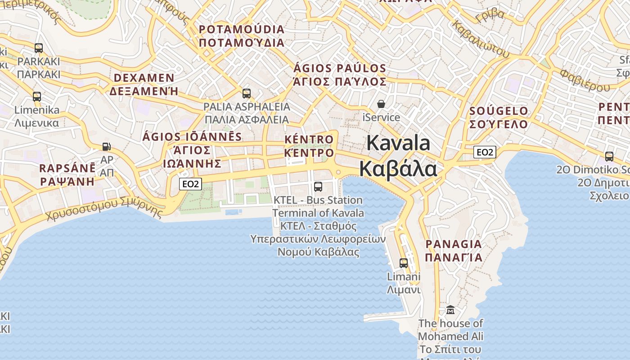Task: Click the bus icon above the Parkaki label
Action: point(39,48)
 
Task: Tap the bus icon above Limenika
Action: point(37,96)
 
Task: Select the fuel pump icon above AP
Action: point(107,146)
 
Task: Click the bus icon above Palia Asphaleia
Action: point(247,93)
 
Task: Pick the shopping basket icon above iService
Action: point(381,104)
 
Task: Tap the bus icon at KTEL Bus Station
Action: point(318,186)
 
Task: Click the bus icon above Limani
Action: point(404,263)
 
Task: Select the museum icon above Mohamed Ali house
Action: point(450,310)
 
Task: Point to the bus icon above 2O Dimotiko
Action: point(609,156)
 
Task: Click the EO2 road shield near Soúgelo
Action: point(485,152)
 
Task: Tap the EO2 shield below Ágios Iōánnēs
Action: point(190,184)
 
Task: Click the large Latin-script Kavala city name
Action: point(398,143)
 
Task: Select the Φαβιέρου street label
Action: point(585,80)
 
